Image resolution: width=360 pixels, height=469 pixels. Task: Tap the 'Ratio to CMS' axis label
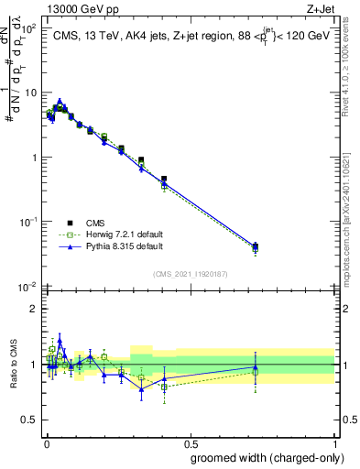pyautogui.click(x=13, y=365)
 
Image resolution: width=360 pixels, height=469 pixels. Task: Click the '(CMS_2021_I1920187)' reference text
pyautogui.click(x=191, y=273)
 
